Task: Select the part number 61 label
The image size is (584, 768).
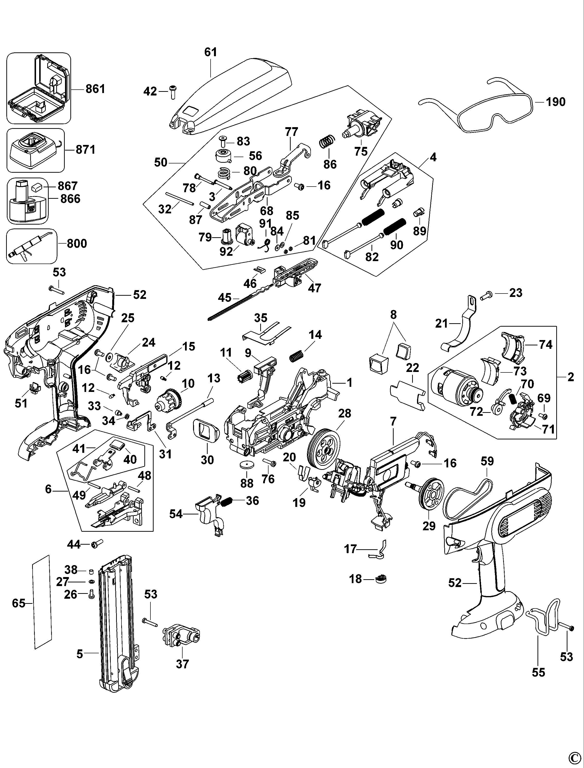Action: tap(211, 52)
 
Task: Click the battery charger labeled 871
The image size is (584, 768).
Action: tap(35, 151)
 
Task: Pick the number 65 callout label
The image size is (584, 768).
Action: tap(19, 603)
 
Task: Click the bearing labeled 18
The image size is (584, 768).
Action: tap(381, 579)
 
